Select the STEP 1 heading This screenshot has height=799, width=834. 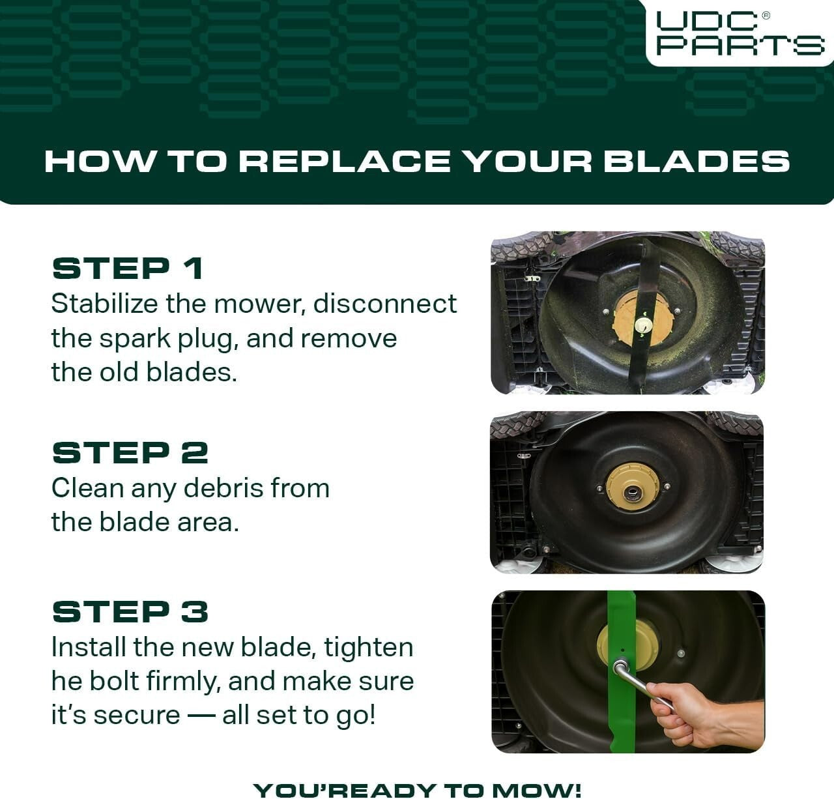128,269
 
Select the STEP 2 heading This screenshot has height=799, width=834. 130,453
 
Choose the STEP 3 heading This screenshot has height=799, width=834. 130,612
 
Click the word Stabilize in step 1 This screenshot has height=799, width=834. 104,304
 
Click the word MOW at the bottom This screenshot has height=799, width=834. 546,790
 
